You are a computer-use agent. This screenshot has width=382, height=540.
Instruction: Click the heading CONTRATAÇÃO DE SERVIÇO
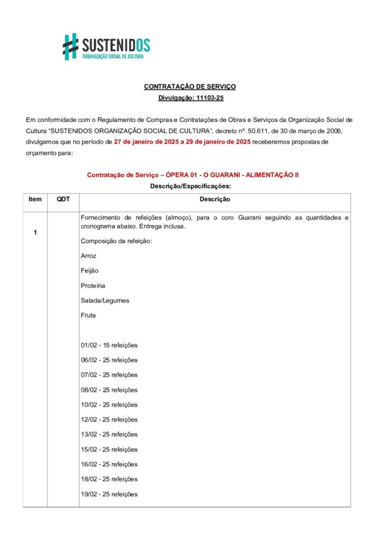coord(190,86)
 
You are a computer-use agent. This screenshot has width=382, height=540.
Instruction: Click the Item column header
coord(35,199)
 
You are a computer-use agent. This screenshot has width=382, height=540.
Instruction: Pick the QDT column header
coord(63,199)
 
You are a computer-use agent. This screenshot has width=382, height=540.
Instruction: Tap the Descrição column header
coord(214,199)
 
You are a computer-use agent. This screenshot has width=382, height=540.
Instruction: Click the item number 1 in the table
coord(35,233)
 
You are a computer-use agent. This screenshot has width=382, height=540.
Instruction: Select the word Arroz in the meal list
coord(89,256)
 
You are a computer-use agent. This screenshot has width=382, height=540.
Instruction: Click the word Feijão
coord(90,271)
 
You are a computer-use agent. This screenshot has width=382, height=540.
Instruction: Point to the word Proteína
coord(93,285)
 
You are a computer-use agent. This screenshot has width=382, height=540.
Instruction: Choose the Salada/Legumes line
coord(105,301)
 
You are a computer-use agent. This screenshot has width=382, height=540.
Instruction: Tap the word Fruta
coord(89,315)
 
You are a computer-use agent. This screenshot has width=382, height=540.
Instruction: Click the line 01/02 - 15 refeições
coord(109,345)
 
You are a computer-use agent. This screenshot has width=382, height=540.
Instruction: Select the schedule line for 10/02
coord(109,405)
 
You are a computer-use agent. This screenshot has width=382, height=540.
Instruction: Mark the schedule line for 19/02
coord(109,494)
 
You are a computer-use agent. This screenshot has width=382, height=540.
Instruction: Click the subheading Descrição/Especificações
coord(190,186)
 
